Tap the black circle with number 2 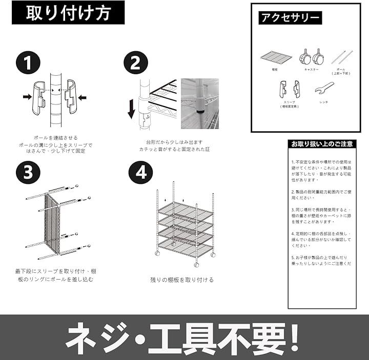tap(136, 63)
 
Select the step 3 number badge tap(28, 173)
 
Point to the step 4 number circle tap(140, 173)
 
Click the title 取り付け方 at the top tap(68, 13)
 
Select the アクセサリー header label tap(290, 18)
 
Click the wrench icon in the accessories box tap(324, 88)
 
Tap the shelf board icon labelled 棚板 tap(276, 56)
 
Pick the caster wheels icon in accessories tap(311, 56)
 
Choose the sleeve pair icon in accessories tap(290, 89)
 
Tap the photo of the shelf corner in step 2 tap(200, 103)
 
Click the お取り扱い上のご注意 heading tap(322, 144)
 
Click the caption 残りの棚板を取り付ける tap(182, 280)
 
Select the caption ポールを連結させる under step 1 tap(55, 138)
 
